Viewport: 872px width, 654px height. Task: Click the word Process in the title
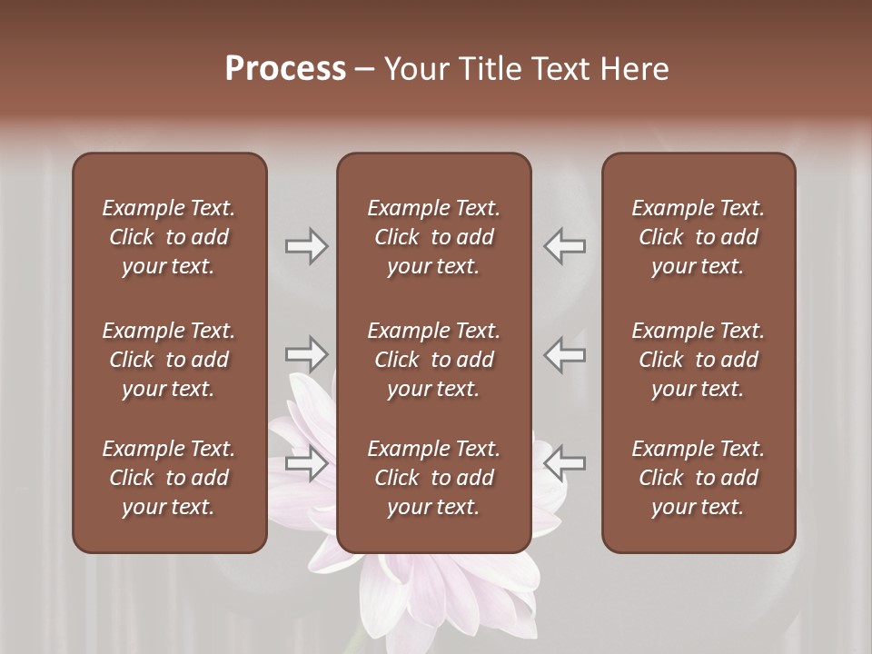pos(285,69)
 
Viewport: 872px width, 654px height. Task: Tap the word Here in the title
pos(634,69)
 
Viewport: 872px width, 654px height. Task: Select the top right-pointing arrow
pos(306,246)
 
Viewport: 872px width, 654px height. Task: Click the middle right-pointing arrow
pos(306,353)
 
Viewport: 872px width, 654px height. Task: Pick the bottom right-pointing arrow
pos(306,464)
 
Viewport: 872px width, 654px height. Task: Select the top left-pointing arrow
pos(565,246)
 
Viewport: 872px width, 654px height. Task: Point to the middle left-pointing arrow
pos(565,353)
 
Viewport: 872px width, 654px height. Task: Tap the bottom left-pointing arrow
pos(565,462)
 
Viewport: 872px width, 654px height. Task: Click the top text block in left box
pos(169,237)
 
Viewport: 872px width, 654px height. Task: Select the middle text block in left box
pos(169,360)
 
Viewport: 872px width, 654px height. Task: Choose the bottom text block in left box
pos(169,478)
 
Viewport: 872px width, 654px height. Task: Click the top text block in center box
pos(434,237)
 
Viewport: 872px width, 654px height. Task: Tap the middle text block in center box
pos(434,360)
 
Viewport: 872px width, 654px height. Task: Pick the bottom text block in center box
pos(434,478)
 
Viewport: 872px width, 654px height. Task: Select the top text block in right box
pos(699,237)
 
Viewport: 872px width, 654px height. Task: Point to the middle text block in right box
pos(699,360)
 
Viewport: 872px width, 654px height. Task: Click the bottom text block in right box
pos(699,478)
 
